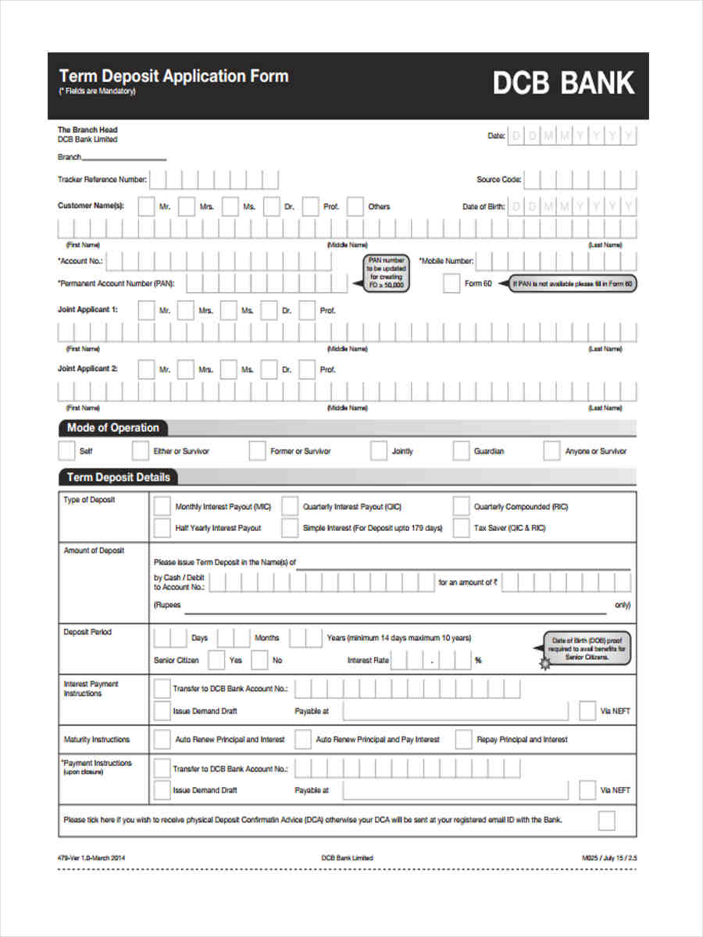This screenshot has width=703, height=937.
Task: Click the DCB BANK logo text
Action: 563,84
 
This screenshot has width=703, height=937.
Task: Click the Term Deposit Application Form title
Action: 173,77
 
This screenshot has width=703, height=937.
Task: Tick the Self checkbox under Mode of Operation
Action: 66,451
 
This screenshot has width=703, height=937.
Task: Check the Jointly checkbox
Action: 379,451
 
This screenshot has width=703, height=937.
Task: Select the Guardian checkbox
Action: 461,451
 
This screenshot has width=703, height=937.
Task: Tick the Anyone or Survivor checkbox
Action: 552,451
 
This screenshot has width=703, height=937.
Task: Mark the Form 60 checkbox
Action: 451,283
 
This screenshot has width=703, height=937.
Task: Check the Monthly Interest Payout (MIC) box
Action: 162,506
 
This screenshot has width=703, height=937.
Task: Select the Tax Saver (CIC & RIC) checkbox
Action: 461,528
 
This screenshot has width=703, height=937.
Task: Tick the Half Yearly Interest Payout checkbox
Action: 162,528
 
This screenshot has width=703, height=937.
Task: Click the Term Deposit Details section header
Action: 118,477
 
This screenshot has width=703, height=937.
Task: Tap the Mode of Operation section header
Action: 112,428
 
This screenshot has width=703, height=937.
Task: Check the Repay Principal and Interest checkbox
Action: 463,739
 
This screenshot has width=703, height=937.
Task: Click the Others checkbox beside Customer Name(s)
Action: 355,207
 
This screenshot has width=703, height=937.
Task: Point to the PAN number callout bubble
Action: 387,273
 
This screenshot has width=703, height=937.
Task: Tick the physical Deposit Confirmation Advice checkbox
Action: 606,820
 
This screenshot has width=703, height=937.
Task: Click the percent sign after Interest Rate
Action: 478,661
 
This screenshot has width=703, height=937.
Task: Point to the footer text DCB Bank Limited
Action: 347,857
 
